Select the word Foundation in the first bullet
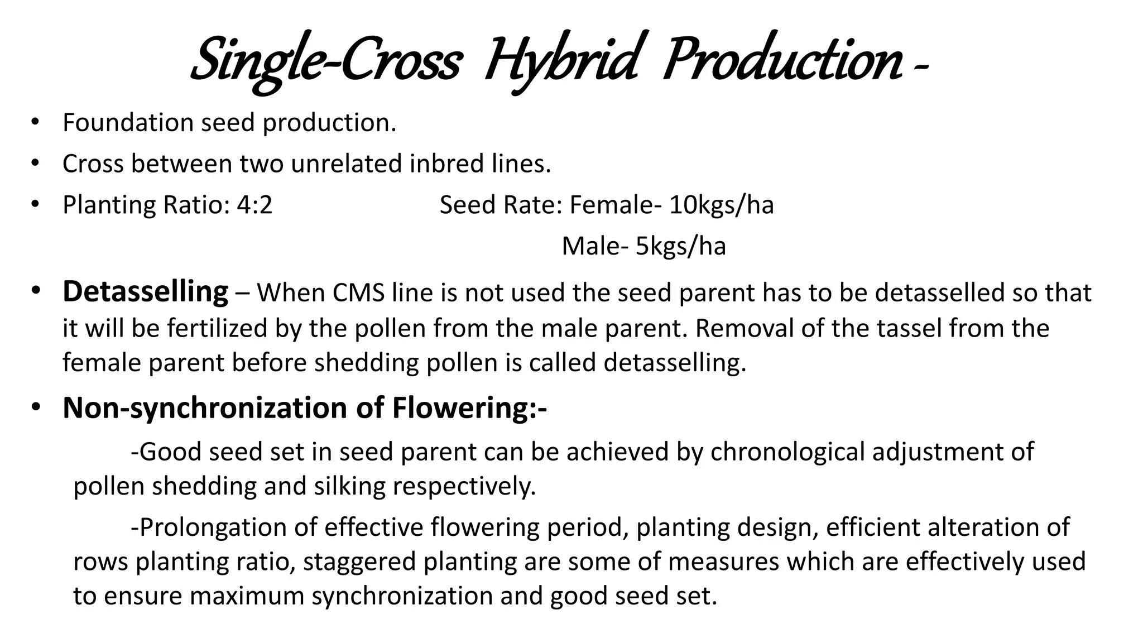(x=128, y=123)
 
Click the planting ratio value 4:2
(x=254, y=205)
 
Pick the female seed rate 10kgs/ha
(x=721, y=205)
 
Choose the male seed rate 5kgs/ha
(x=680, y=246)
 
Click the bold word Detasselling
(x=145, y=292)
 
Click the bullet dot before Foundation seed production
(x=35, y=123)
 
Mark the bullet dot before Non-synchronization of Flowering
(x=35, y=408)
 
